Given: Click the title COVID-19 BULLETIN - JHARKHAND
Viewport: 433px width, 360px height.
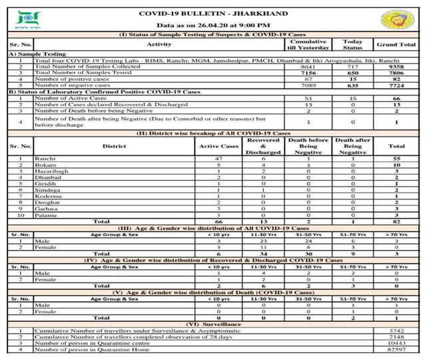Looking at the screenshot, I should click(x=213, y=13).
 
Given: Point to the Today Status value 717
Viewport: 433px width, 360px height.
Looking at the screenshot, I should click(x=353, y=67).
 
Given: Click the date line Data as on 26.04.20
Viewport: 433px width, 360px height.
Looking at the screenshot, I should click(x=213, y=25).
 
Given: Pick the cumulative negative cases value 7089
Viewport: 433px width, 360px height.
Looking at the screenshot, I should click(x=308, y=85).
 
